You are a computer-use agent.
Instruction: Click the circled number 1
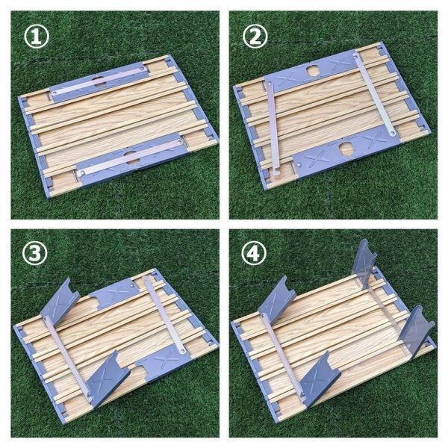click(x=37, y=37)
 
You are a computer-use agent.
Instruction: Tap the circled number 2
click(x=255, y=37)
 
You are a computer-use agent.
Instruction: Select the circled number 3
click(x=35, y=253)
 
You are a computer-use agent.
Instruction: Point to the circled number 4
click(x=254, y=253)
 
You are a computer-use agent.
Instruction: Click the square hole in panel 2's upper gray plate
click(x=313, y=71)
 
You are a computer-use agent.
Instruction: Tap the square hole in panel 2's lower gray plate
click(x=346, y=149)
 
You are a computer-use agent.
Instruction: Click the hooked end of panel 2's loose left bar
click(x=276, y=173)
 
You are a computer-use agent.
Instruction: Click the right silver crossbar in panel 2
click(x=374, y=93)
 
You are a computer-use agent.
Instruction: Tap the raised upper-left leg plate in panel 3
click(x=60, y=301)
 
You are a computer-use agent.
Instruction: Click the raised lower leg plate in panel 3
click(x=108, y=377)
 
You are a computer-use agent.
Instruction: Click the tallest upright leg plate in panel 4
click(x=364, y=264)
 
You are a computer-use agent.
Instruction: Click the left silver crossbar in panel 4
click(x=283, y=356)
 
